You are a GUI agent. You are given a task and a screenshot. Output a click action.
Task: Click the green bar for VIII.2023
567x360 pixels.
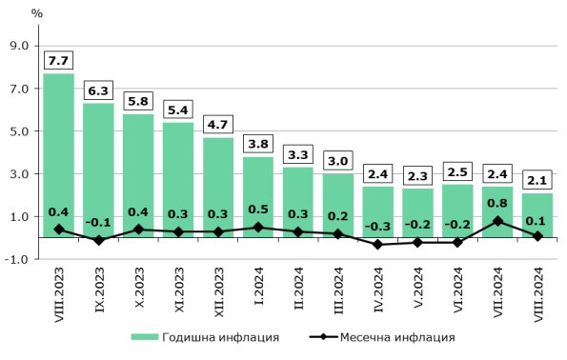(59, 152)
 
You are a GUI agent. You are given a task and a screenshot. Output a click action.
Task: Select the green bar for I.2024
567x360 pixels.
(258, 195)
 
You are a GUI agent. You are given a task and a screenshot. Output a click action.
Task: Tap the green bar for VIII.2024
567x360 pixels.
(538, 214)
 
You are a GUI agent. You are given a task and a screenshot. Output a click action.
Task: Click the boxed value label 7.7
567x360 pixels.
(59, 60)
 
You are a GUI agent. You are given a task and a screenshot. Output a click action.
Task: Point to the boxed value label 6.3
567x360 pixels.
(99, 90)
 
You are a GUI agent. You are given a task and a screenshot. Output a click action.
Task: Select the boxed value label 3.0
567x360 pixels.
(338, 160)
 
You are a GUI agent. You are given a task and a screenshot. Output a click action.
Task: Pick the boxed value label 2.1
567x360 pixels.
(538, 180)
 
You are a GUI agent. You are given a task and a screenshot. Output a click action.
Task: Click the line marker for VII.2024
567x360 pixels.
(498, 221)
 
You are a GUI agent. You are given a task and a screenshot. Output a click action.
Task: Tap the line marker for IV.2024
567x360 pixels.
(378, 245)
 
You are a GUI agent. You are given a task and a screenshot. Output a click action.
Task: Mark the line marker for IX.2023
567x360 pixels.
(99, 241)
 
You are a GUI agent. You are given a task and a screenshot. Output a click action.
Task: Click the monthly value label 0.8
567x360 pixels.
(498, 202)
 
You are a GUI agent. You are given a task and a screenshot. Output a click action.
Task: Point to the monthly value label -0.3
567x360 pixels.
(378, 226)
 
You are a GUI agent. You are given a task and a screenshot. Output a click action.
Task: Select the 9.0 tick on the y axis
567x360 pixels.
(19, 46)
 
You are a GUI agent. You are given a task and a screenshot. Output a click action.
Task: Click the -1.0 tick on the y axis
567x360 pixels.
(17, 259)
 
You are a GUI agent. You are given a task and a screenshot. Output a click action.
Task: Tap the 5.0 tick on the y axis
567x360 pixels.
(19, 131)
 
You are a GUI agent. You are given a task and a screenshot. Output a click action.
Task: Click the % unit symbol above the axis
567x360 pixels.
(36, 13)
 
